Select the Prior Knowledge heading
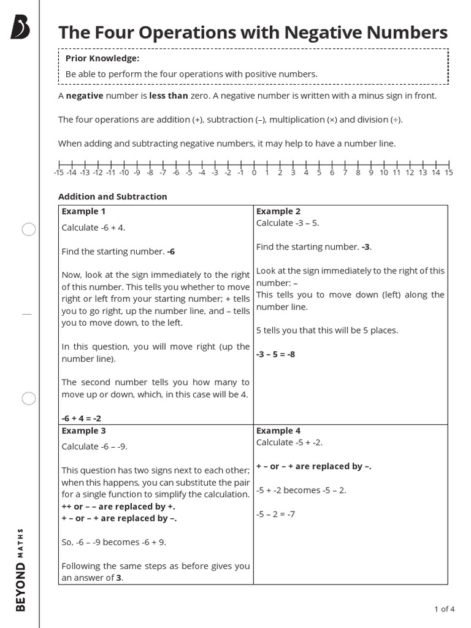[x=102, y=58]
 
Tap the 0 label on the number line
[x=254, y=173]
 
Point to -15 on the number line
[x=59, y=173]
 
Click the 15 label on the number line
[x=448, y=173]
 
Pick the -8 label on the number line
[x=150, y=173]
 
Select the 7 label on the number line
[x=345, y=173]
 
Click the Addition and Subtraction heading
[x=112, y=197]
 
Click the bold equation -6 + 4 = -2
[x=82, y=418]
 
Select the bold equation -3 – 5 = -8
[x=275, y=354]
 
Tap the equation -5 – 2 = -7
[x=275, y=514]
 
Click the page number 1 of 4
[x=444, y=609]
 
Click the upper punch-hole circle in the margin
[x=29, y=229]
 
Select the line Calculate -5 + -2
[x=289, y=442]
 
